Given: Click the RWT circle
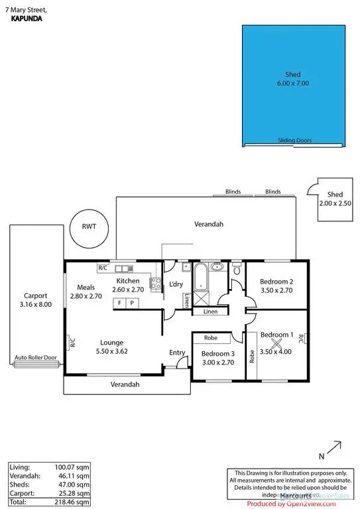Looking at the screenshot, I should (x=89, y=226).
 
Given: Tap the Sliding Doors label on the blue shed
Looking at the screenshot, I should (x=294, y=141).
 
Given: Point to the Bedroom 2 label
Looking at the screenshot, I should (x=276, y=281).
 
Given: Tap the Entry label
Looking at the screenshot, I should (x=177, y=353).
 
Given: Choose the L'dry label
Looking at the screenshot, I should (x=176, y=284).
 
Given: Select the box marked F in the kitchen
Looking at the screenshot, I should (x=120, y=303).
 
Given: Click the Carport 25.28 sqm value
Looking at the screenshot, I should (x=75, y=493).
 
